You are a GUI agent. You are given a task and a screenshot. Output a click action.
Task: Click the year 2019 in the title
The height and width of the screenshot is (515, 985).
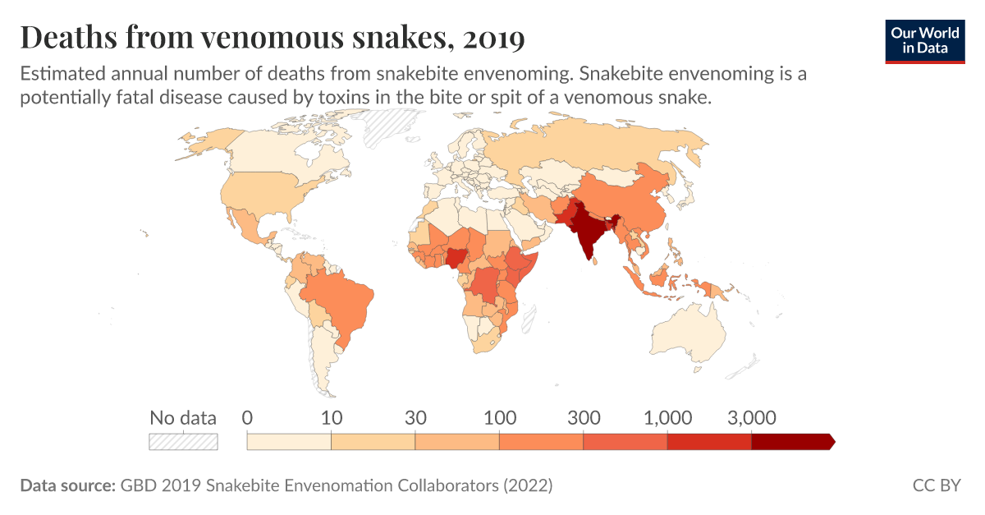493,37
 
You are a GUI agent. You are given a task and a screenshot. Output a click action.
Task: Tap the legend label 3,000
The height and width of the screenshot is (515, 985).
752,417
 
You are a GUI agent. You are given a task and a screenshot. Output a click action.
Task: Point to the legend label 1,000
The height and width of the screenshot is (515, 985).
668,417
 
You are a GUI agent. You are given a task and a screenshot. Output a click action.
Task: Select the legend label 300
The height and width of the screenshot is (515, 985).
584,417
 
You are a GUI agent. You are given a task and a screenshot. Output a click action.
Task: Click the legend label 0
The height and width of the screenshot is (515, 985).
248,417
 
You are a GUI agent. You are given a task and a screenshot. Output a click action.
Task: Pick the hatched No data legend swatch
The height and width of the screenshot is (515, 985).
183,442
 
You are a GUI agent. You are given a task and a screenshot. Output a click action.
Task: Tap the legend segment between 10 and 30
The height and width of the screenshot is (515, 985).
373,442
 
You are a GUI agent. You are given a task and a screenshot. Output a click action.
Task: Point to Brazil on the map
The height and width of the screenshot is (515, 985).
337,300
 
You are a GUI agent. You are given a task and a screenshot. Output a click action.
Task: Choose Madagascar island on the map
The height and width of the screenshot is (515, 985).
531,316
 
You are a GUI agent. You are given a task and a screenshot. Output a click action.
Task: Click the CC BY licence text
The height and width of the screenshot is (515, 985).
937,485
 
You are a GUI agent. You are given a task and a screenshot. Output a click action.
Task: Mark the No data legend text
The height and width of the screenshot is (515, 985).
183,417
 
